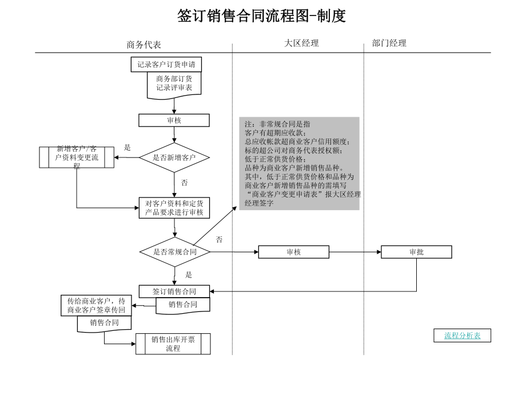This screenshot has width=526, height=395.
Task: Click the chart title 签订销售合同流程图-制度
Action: click(262, 16)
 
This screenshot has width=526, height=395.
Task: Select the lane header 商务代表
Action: click(144, 45)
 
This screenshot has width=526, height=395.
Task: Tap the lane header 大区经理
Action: click(301, 43)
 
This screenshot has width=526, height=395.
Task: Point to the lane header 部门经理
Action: click(389, 43)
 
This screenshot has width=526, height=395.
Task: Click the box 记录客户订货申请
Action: click(166, 65)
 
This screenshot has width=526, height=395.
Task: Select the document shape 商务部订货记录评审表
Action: click(174, 84)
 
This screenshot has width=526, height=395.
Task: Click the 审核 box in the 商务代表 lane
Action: click(174, 120)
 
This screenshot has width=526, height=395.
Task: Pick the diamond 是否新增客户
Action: click(174, 157)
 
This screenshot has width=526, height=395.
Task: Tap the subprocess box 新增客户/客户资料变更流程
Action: click(77, 157)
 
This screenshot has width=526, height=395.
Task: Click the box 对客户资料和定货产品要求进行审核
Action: click(174, 208)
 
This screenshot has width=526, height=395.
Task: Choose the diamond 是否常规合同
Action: click(174, 252)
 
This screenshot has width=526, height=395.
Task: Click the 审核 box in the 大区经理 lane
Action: click(293, 252)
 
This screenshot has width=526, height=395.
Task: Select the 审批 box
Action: click(416, 252)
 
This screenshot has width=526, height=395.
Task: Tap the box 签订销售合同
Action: click(174, 291)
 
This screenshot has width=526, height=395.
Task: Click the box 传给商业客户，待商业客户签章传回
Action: click(96, 306)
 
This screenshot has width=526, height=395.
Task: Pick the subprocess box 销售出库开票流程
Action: click(173, 343)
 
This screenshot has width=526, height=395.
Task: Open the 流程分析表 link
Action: click(463, 336)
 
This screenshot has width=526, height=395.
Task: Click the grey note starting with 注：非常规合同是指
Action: click(299, 163)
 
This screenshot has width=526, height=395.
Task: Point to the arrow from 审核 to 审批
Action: click(354, 252)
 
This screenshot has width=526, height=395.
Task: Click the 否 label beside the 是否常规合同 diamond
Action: click(219, 239)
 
